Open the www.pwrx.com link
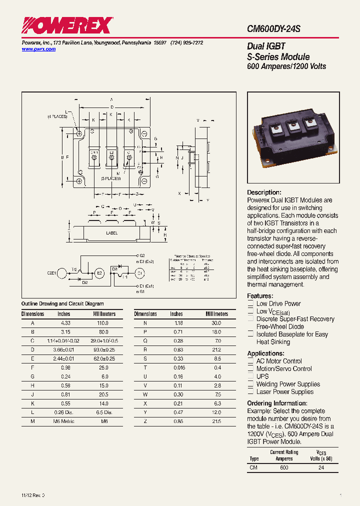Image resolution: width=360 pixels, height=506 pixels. (38, 49)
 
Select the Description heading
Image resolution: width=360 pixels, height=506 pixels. (264, 192)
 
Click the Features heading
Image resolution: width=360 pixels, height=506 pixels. (260, 296)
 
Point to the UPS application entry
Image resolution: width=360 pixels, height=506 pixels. (262, 376)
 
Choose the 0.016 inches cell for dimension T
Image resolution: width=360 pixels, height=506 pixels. (176, 367)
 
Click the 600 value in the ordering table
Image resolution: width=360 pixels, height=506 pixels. (283, 467)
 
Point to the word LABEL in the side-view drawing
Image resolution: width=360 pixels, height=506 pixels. (112, 233)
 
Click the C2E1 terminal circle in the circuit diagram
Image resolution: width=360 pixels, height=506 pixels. (62, 273)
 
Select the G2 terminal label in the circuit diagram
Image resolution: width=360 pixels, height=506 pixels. (141, 255)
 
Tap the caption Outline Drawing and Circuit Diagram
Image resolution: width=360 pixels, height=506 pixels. (62, 303)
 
